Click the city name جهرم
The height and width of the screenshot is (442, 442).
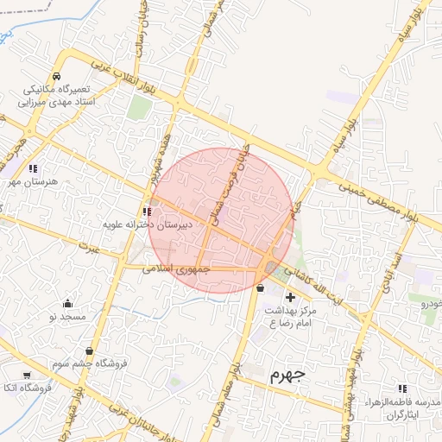pos(287,375)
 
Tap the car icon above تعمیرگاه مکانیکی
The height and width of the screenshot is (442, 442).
pos(56,76)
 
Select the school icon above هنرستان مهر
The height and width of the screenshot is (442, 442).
pos(33,168)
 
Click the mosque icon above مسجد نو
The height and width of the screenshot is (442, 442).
pos(67,303)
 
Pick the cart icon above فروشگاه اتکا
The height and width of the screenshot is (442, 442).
pos(27,375)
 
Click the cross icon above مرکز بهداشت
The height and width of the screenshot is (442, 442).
pos(289,296)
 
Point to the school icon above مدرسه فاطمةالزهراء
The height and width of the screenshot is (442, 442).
pos(405,389)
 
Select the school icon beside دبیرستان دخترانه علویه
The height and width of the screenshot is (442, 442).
pos(145,212)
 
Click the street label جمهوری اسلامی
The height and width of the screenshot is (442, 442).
pos(176,268)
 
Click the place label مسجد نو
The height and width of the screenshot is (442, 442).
pos(67,318)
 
